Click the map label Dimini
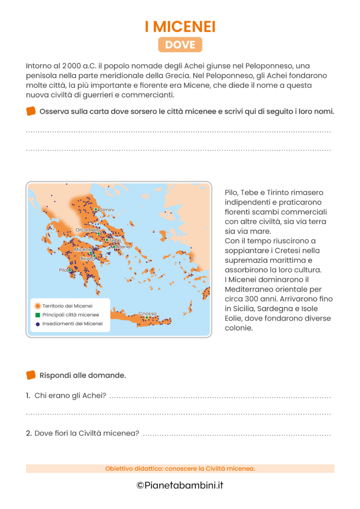[107, 210]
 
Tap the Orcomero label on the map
[88, 230]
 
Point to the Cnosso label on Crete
[148, 314]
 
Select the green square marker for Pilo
[70, 270]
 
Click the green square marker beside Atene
[114, 247]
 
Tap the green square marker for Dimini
[96, 210]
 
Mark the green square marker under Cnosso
[147, 318]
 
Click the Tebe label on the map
[115, 240]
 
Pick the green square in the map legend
[37, 314]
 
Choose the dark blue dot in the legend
[37, 324]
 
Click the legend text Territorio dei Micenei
[67, 306]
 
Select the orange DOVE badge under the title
[180, 45]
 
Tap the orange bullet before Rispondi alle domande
[31, 375]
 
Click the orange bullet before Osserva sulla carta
[31, 111]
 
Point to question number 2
[29, 434]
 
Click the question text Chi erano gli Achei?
[70, 396]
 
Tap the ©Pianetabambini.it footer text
[180, 486]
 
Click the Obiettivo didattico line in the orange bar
[180, 469]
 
